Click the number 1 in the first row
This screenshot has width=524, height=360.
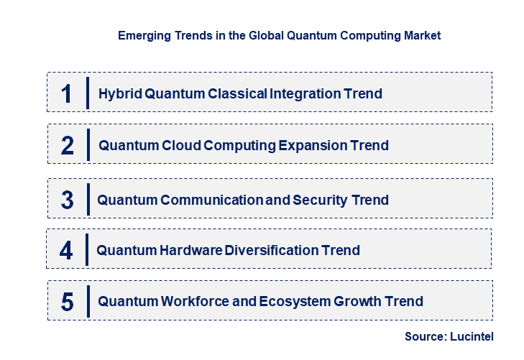(x=67, y=94)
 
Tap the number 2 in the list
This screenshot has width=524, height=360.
(x=68, y=146)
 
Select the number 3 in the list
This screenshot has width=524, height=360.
(x=67, y=200)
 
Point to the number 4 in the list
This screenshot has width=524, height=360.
(x=67, y=251)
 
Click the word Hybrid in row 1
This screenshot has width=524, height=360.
(x=116, y=94)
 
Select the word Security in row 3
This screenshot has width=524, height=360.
(x=321, y=200)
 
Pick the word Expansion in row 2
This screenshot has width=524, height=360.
(x=312, y=146)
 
